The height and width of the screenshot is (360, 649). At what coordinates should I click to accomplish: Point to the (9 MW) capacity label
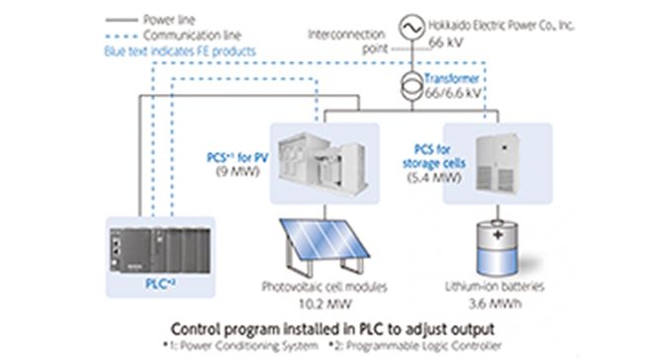point(238,170)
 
